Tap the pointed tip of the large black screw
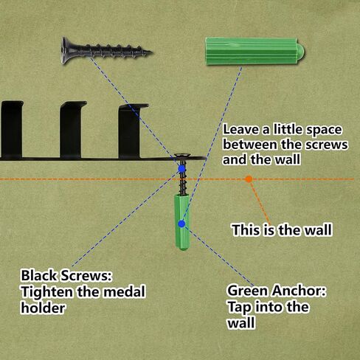(152, 52)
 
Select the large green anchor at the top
(255, 51)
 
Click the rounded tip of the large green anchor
(301, 51)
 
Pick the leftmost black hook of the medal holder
(12, 130)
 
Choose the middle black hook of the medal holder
(72, 130)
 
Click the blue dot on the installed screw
(181, 169)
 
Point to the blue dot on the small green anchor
(181, 224)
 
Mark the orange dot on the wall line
(249, 179)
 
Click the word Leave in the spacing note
(240, 130)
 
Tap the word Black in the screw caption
(39, 275)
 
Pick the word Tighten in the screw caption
(47, 292)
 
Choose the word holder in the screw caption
(43, 308)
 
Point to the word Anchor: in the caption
(299, 291)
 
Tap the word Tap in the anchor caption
(238, 308)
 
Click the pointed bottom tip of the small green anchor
(182, 249)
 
